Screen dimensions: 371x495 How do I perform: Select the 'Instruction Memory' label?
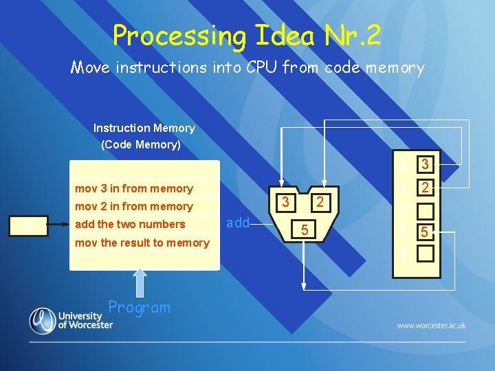[x=144, y=128]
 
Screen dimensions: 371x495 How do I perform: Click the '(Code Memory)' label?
[x=141, y=145]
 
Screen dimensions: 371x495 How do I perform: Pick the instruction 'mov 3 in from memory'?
[x=133, y=188]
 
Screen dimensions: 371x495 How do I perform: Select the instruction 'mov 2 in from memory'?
[x=133, y=206]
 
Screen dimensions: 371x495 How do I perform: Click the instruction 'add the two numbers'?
[x=130, y=224]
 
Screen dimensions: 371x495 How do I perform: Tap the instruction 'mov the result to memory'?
[x=142, y=243]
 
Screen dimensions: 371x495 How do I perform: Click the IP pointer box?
[x=27, y=225]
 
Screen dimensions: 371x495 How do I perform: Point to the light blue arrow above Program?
[x=140, y=283]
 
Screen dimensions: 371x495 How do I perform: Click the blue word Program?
[x=139, y=307]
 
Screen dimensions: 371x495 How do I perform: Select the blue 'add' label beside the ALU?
[x=238, y=223]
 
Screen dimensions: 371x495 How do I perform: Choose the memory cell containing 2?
[x=426, y=188]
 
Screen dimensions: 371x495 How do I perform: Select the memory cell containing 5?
[x=426, y=232]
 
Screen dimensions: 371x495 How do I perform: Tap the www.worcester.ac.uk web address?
[x=430, y=325]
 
